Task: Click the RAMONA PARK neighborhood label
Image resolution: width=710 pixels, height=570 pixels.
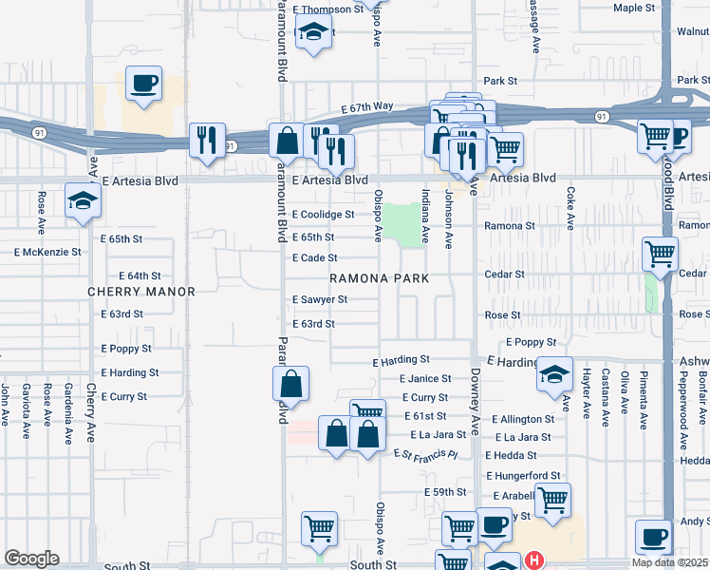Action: click(380, 278)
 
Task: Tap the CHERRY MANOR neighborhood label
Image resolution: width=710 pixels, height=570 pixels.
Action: click(141, 292)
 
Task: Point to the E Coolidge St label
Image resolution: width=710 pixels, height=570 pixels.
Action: click(323, 215)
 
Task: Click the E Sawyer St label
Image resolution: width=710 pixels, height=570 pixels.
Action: click(319, 299)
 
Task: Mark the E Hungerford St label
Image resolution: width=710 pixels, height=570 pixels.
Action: click(523, 475)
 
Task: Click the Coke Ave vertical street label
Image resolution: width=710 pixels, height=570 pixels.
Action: click(570, 208)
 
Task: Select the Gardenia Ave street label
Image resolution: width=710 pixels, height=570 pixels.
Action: click(68, 414)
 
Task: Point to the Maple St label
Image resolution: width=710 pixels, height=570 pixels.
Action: click(634, 8)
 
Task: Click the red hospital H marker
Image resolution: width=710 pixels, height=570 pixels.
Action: click(534, 560)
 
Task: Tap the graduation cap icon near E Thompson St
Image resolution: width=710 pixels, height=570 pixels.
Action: click(309, 34)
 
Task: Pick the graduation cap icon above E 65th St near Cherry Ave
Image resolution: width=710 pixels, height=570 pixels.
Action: click(83, 201)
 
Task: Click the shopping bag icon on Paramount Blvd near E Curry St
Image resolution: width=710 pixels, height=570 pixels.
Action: click(290, 385)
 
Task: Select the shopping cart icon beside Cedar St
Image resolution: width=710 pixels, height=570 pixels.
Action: click(660, 254)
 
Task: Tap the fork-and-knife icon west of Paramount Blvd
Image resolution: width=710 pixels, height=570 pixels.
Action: click(205, 140)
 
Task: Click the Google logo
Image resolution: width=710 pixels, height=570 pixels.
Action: click(32, 559)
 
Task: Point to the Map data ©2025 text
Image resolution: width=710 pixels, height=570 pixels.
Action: click(670, 562)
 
